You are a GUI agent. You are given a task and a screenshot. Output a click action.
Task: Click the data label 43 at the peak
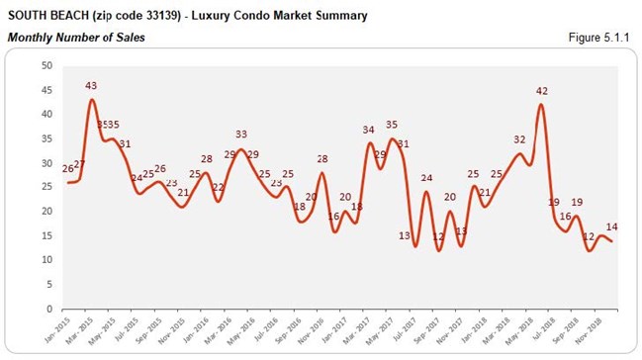(92, 87)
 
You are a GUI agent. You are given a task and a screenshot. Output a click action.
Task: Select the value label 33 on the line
(240, 135)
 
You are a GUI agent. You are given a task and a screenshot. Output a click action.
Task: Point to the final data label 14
(612, 226)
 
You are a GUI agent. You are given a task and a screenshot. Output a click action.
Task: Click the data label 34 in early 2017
(368, 130)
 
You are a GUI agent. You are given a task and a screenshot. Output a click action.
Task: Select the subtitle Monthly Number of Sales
(76, 37)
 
